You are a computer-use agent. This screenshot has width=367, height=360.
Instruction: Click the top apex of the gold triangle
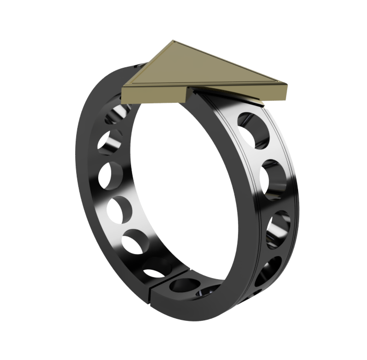click(x=172, y=41)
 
